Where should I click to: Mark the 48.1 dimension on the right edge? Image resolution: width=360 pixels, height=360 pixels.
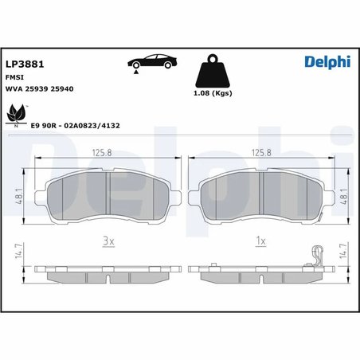pos(343,194)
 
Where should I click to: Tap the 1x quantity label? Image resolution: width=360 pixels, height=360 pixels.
pos(260,240)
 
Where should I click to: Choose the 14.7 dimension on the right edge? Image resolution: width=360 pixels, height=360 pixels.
pos(343,252)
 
